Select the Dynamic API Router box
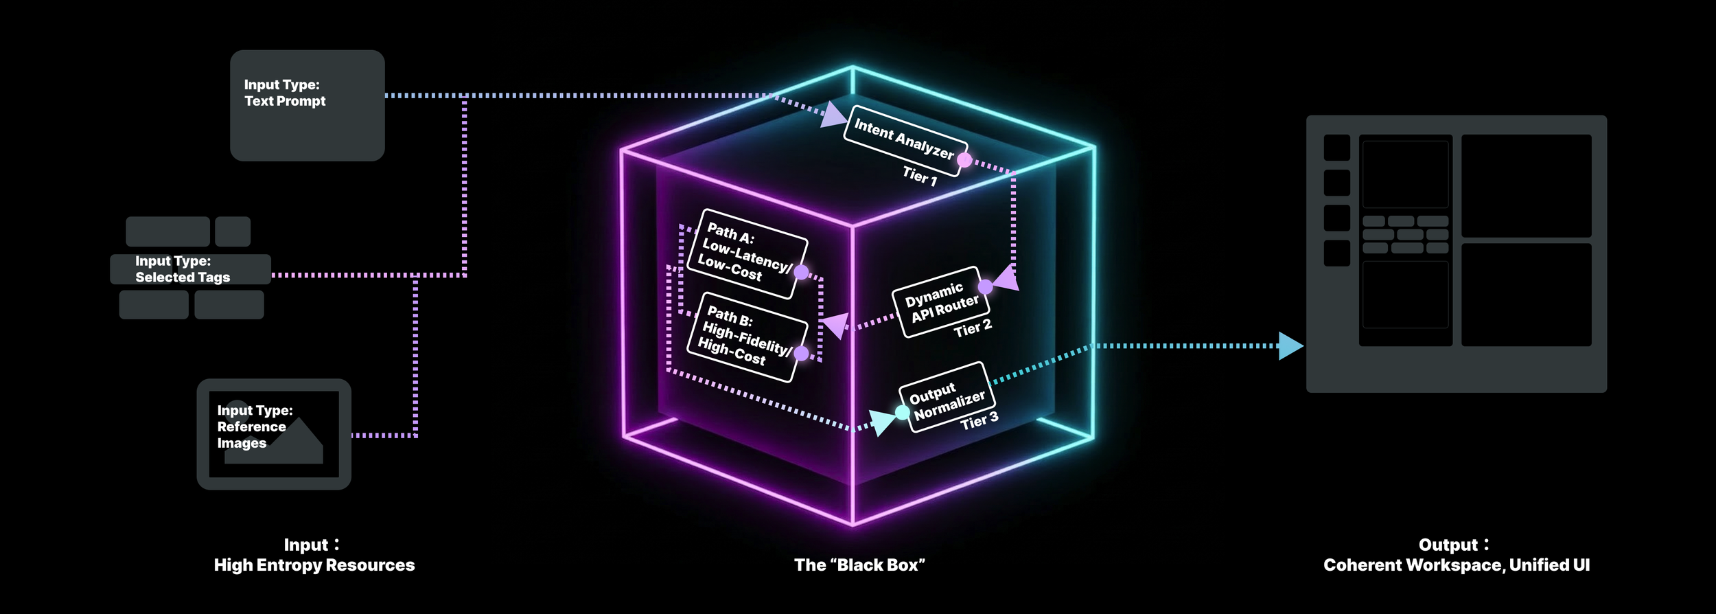(940, 302)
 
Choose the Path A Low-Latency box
(746, 253)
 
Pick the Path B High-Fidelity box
(746, 337)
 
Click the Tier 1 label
(920, 176)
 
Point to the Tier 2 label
(973, 328)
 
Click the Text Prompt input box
(307, 105)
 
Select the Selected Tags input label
(183, 269)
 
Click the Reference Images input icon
(274, 434)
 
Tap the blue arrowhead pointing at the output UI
(1290, 346)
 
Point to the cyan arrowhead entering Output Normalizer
(881, 421)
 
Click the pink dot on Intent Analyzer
(964, 160)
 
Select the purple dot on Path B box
(801, 353)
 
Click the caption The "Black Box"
(859, 565)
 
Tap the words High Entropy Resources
(314, 565)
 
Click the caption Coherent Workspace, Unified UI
(1457, 565)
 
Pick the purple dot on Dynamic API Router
(985, 286)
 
